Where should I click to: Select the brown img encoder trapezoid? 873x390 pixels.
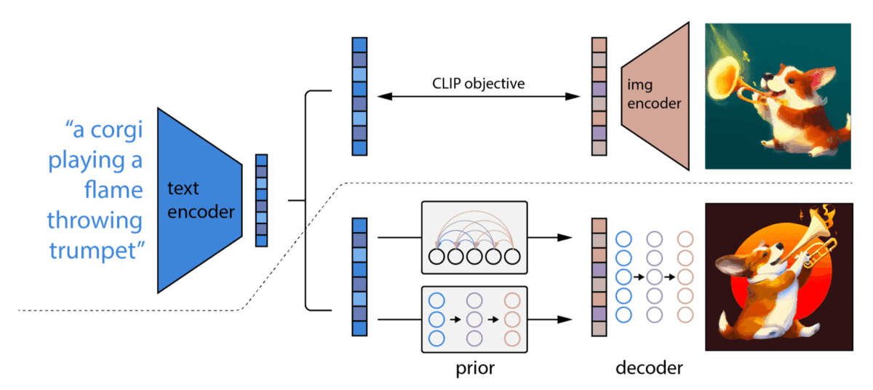(655, 95)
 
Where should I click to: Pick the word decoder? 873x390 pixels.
(649, 367)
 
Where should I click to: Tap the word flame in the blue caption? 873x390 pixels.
(116, 191)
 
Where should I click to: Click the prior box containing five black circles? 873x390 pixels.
(474, 238)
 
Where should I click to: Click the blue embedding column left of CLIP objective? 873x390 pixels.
(359, 96)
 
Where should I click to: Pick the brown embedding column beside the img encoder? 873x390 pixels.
(599, 96)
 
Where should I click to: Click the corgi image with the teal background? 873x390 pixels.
(777, 96)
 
